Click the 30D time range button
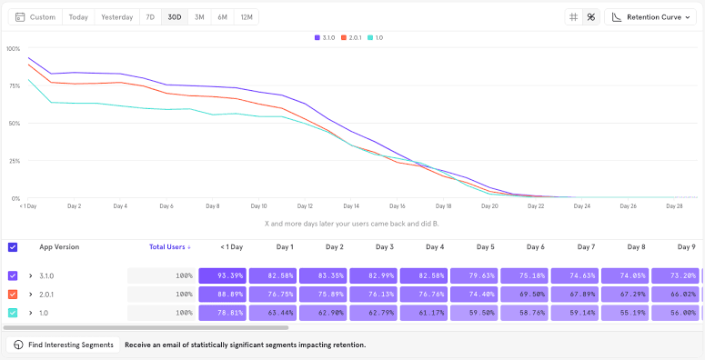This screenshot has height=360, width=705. pos(175,17)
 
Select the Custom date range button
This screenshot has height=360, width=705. pos(35,17)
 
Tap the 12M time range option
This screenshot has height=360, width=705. pos(246,17)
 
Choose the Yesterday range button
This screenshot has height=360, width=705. pos(116,17)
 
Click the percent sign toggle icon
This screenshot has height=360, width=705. pos(590,17)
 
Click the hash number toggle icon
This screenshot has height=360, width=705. pos(573,17)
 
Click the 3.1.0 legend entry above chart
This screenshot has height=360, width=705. pos(325,37)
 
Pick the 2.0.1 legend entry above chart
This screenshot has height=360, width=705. pos(351,37)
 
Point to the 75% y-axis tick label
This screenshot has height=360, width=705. pos(14,85)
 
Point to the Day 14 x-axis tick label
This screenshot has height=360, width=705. pos(351,206)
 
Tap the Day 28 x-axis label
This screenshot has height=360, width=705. pos(674,206)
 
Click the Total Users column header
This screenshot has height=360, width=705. pos(170,247)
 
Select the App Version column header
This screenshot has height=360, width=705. pos(59,247)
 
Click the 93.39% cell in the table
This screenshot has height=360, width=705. pos(221,275)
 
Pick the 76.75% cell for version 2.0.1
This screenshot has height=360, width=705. pos(272,294)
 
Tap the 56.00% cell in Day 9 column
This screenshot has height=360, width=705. pos(677,313)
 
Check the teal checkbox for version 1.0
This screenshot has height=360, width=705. pos(13,313)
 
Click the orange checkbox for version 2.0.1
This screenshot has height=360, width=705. pos(13,294)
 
